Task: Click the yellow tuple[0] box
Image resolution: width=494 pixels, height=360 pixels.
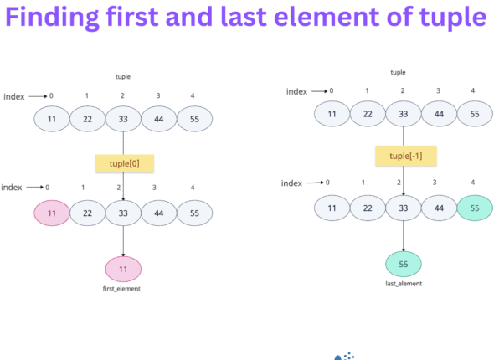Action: point(123,162)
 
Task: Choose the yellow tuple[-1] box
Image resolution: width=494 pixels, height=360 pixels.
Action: point(404,156)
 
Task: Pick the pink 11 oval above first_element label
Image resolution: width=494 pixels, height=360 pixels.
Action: point(123,269)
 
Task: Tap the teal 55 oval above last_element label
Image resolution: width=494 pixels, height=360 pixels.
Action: point(404,264)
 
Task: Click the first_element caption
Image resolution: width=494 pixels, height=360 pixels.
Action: point(123,289)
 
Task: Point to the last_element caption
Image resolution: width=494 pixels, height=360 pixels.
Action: point(404,284)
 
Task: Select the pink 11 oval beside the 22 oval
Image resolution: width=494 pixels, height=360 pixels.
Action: point(52,213)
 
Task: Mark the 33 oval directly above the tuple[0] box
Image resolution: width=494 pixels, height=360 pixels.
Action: point(123,120)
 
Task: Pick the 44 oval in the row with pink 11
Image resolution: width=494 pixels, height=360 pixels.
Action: point(158,213)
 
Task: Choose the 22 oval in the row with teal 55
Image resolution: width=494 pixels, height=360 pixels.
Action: point(368,207)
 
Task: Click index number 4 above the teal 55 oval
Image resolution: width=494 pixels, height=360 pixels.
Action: point(473,182)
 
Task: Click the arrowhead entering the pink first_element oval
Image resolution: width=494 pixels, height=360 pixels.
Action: point(123,255)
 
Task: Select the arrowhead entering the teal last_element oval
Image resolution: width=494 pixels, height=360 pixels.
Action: point(404,249)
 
